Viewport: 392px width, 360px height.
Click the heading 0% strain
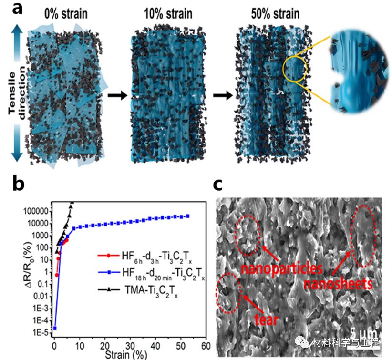[65, 13]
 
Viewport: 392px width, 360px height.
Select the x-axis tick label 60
[206, 345]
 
